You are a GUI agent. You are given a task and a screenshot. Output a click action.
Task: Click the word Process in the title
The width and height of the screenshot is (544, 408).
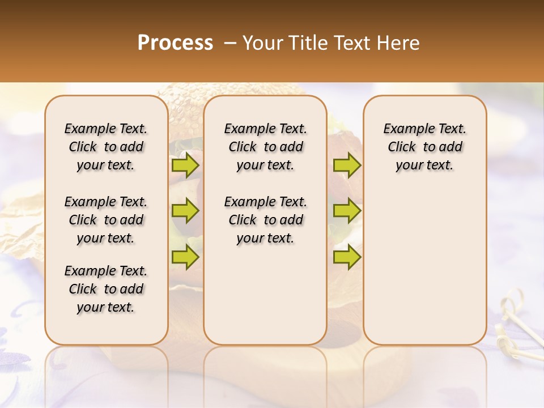(x=175, y=43)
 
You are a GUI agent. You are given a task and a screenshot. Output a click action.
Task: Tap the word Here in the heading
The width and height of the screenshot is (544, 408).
(x=398, y=43)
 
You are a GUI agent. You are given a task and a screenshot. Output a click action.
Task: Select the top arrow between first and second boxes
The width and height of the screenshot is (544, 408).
(x=185, y=165)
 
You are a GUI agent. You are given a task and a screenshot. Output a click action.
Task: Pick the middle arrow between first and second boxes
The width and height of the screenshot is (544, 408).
(x=185, y=211)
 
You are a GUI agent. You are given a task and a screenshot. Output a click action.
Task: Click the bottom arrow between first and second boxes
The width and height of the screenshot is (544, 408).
(x=185, y=257)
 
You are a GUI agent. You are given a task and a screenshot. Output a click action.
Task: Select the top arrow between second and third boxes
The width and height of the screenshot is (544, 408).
(x=347, y=165)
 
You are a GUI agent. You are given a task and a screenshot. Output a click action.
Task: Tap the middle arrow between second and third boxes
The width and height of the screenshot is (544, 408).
(x=347, y=211)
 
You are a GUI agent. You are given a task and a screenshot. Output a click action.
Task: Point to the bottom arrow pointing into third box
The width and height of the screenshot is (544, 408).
(x=347, y=257)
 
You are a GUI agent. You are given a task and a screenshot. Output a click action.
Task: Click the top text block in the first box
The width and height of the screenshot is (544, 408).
(x=106, y=147)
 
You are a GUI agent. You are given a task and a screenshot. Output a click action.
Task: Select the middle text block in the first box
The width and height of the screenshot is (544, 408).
(x=106, y=220)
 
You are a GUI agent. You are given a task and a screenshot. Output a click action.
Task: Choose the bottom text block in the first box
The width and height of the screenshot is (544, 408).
(x=106, y=289)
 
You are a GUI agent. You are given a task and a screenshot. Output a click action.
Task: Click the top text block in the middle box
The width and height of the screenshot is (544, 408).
(x=265, y=147)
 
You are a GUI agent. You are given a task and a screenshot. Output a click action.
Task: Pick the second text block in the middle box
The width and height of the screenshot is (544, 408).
(x=265, y=220)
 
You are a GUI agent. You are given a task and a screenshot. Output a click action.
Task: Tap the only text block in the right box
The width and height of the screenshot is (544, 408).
(x=424, y=147)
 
